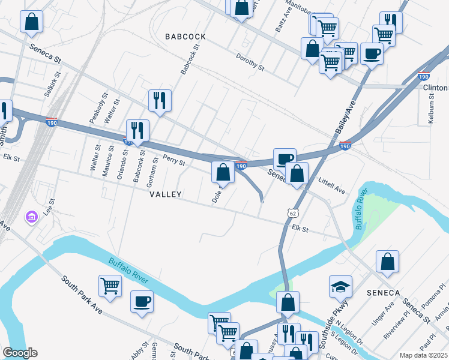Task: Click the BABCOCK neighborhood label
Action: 185,37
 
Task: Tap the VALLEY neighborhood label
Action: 165,195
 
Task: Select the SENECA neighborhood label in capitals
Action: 382,292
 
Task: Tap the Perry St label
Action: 174,161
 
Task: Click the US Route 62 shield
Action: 292,213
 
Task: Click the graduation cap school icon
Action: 340,286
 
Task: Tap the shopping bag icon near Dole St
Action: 223,172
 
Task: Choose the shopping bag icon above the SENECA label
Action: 388,262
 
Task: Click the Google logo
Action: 20,353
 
